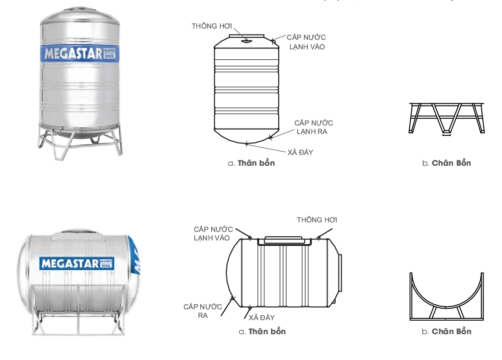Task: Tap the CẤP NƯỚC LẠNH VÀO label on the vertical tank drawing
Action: tap(307, 42)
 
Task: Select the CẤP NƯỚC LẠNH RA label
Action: tap(314, 127)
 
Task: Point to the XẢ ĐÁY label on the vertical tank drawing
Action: tap(300, 152)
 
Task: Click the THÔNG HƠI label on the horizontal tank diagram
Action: tap(317, 220)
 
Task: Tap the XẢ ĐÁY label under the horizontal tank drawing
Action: tap(261, 317)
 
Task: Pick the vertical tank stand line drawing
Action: tap(446, 118)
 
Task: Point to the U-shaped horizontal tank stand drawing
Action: tap(446, 296)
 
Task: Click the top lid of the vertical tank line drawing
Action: tap(246, 35)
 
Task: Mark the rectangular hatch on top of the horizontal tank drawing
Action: tap(285, 240)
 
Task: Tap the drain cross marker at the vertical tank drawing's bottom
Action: tap(246, 144)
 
